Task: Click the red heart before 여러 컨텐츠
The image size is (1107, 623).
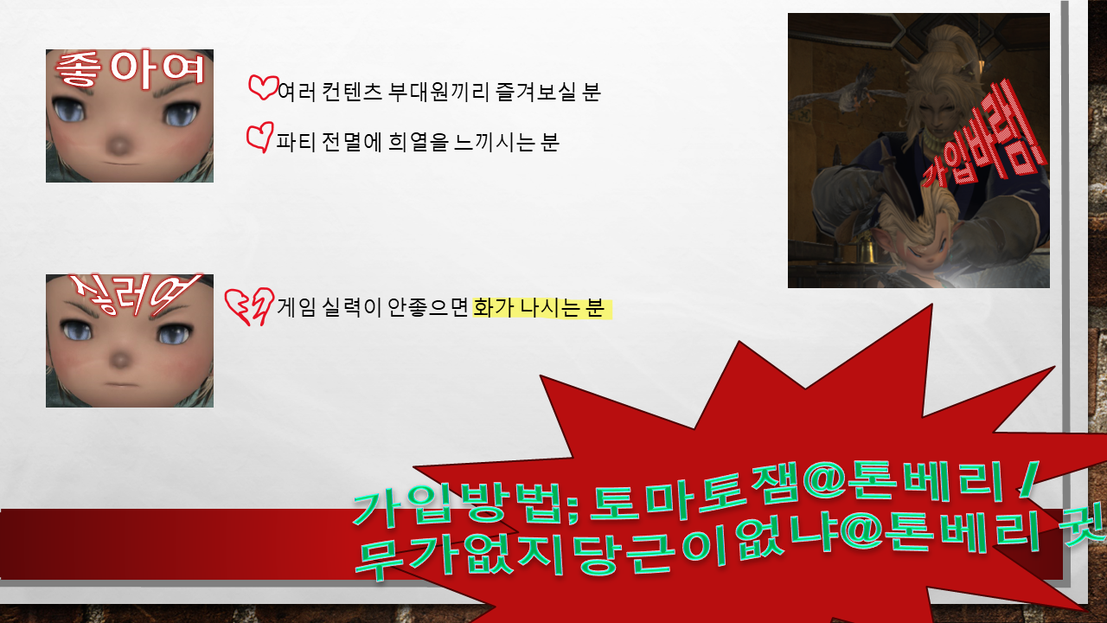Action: tap(264, 88)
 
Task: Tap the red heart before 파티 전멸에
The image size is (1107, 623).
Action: tap(260, 138)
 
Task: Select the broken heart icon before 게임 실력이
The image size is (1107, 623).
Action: tap(249, 306)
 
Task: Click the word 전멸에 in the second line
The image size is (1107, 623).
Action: tap(352, 143)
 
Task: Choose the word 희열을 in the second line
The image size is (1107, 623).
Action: tap(418, 143)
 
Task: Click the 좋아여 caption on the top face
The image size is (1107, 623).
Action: tap(130, 71)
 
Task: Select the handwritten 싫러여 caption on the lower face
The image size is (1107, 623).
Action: tap(133, 296)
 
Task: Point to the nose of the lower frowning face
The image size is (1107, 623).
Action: tap(120, 358)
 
